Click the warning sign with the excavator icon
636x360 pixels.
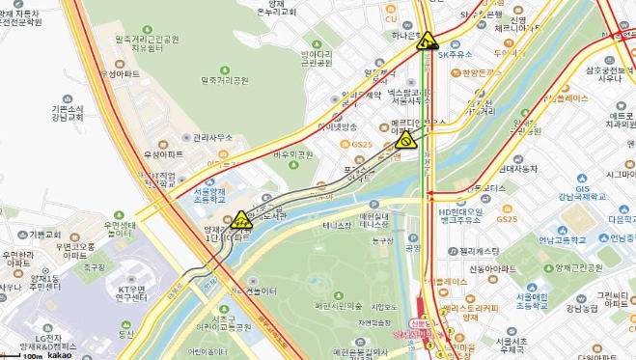click(426, 42)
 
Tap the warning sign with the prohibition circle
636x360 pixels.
click(406, 140)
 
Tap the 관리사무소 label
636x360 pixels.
click(212, 138)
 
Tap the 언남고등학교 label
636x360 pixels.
click(565, 238)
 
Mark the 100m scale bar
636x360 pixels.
click(32, 354)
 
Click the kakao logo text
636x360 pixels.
click(61, 355)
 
